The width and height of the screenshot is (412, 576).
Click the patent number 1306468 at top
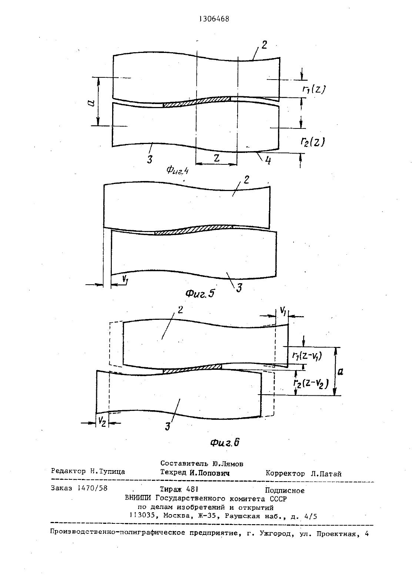[x=214, y=19]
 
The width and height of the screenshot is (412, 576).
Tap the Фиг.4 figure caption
[x=177, y=170]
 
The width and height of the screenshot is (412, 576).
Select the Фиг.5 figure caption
[x=200, y=293]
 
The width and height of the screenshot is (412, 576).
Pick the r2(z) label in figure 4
[x=313, y=142]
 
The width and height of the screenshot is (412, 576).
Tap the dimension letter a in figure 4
[x=92, y=103]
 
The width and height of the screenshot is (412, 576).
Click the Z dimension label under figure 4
[x=217, y=158]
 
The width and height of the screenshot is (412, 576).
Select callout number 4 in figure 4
[x=268, y=161]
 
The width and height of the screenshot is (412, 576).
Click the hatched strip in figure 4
[x=197, y=101]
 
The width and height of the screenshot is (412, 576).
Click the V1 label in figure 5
[x=125, y=279]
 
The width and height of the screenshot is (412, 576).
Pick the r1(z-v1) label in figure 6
[x=307, y=356]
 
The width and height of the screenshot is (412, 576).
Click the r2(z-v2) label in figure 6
[x=311, y=384]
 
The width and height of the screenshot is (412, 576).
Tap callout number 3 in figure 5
[x=239, y=288]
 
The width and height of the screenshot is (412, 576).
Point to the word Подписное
[x=285, y=490]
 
